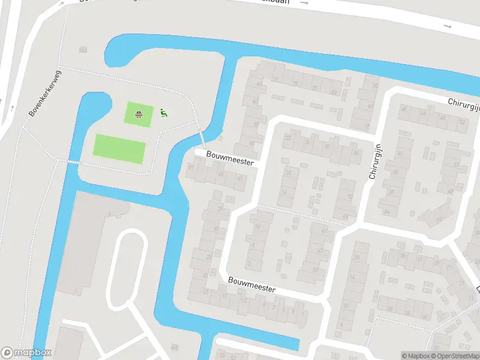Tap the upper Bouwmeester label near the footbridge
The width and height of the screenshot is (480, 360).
230,158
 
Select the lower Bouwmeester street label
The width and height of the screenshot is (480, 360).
251,284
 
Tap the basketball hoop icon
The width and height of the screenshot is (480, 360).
139,113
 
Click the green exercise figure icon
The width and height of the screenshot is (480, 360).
163,112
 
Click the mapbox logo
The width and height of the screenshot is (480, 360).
27,353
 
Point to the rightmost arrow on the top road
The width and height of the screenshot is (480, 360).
447,26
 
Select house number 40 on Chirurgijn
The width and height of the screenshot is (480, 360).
404,109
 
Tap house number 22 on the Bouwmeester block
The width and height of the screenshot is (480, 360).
288,137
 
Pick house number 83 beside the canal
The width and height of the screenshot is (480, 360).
334,92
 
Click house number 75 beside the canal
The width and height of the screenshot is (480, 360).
295,83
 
